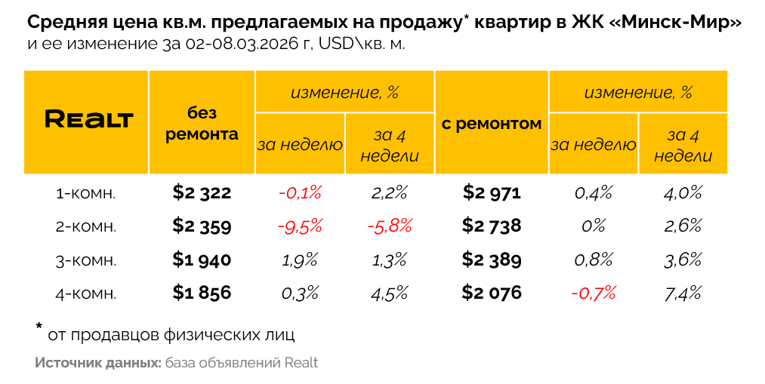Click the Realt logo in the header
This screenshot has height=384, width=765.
click(x=88, y=119)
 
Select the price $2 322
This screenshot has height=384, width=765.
click(x=202, y=193)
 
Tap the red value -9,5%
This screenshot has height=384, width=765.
click(x=300, y=226)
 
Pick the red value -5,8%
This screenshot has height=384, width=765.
click(x=390, y=226)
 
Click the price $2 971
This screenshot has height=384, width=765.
click(x=492, y=193)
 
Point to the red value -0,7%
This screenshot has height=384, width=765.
click(x=594, y=292)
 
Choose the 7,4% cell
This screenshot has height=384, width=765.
click(x=683, y=292)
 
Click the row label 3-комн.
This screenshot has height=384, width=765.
click(x=87, y=260)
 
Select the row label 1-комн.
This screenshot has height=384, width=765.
click(x=87, y=194)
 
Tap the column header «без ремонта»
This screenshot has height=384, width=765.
click(x=202, y=124)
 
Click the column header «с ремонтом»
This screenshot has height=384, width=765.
click(x=492, y=124)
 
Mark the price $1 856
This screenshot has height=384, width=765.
click(x=202, y=292)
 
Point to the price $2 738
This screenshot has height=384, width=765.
click(x=492, y=226)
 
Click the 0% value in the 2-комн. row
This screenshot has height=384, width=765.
click(x=594, y=226)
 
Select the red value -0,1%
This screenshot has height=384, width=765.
click(x=300, y=193)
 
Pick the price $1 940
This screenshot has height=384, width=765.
click(x=202, y=260)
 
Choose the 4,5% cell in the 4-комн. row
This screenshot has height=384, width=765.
click(x=390, y=292)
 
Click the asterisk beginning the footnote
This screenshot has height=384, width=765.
click(x=39, y=327)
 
